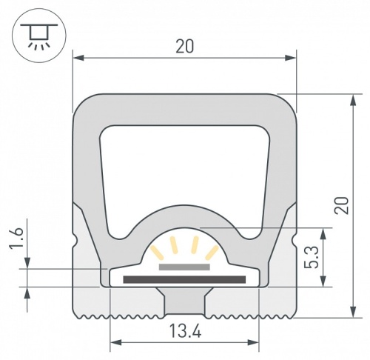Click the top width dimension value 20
(185, 46)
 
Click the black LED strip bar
(184, 279)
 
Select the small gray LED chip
(184, 264)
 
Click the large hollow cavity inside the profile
(184, 170)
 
